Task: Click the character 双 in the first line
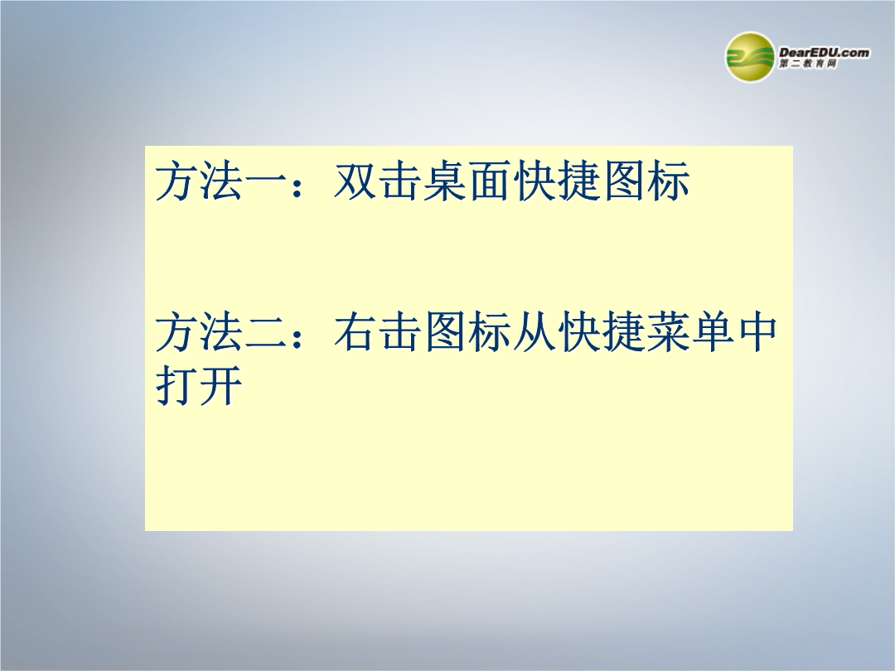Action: [x=355, y=181]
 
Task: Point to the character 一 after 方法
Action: [x=265, y=181]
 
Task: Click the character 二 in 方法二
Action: [x=265, y=332]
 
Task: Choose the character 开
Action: [x=221, y=386]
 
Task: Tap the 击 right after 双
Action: [x=400, y=181]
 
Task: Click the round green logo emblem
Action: [x=750, y=57]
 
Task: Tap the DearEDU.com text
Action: [x=824, y=52]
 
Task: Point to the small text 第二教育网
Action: [x=808, y=64]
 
